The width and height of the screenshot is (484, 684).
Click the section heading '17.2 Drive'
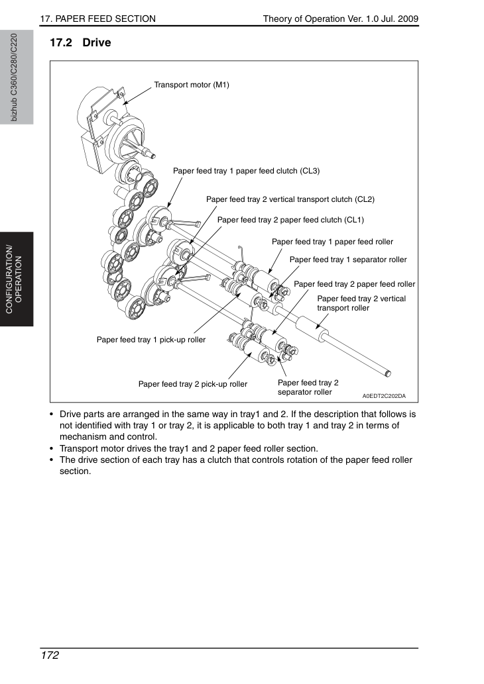[x=80, y=42]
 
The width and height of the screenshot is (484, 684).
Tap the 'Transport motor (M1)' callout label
[x=192, y=85]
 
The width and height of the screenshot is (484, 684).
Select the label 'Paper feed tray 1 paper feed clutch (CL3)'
[x=247, y=171]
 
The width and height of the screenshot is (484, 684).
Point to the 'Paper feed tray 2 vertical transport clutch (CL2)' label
[x=290, y=199]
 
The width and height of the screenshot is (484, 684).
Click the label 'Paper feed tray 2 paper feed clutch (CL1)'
[x=290, y=220]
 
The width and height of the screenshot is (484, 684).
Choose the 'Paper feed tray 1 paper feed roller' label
[x=332, y=242]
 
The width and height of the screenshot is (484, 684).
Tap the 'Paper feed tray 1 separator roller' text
[x=348, y=260]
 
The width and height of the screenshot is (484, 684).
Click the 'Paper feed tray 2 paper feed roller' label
[x=354, y=284]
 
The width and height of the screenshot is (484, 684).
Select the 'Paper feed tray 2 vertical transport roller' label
[x=361, y=303]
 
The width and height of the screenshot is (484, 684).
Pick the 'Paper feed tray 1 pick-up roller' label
[x=151, y=340]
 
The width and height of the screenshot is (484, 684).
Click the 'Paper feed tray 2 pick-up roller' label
[x=193, y=384]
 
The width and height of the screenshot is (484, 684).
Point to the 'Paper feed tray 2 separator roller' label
[x=308, y=387]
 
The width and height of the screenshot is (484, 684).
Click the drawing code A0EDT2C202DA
[x=384, y=396]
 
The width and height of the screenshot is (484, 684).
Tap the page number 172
[x=49, y=656]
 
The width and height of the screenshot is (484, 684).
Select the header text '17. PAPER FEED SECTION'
[x=98, y=19]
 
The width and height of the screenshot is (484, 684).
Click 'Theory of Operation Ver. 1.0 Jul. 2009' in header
[x=341, y=19]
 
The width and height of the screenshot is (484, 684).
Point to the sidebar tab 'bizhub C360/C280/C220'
[x=14, y=77]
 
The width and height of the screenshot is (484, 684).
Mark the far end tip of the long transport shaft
[x=388, y=373]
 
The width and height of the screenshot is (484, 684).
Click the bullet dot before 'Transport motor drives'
[x=52, y=448]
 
